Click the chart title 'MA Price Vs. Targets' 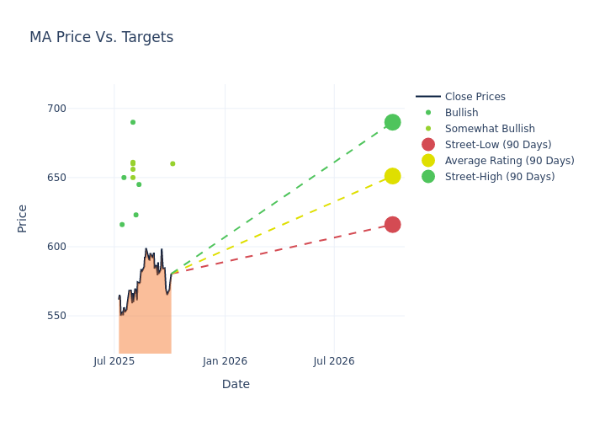pyautogui.click(x=101, y=37)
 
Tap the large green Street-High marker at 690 pyautogui.click(x=392, y=122)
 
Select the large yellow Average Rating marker pyautogui.click(x=392, y=176)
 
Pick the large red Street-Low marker pyautogui.click(x=392, y=224)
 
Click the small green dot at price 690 pyautogui.click(x=133, y=122)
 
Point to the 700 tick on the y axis pyautogui.click(x=80, y=109)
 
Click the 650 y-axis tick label pyautogui.click(x=80, y=178)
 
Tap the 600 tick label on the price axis pyautogui.click(x=80, y=247)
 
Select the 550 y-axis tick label pyautogui.click(x=80, y=316)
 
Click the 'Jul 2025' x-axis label pyautogui.click(x=114, y=361)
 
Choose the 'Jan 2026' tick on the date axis pyautogui.click(x=225, y=361)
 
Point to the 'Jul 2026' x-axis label pyautogui.click(x=334, y=361)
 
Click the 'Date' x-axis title pyautogui.click(x=236, y=384)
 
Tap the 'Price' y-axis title pyautogui.click(x=23, y=218)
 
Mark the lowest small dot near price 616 pyautogui.click(x=122, y=225)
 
